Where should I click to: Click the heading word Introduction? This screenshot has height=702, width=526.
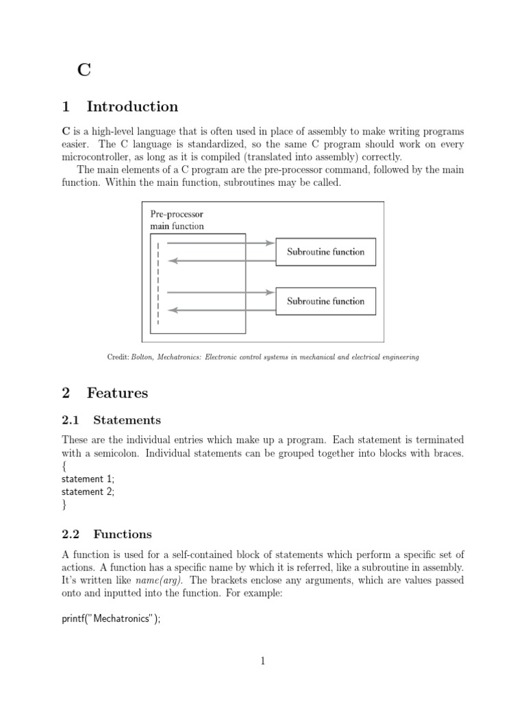pos(132,107)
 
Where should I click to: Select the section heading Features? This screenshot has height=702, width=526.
pos(117,393)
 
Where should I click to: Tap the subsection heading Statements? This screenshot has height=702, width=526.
pos(127,420)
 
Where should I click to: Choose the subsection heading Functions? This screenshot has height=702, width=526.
pos(123,534)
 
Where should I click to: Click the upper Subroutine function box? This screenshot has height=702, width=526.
pos(325,252)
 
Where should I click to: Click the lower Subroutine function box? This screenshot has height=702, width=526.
pos(325,301)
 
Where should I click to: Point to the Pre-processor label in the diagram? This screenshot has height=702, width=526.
pos(177,214)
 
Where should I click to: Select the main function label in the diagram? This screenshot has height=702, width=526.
pos(177,226)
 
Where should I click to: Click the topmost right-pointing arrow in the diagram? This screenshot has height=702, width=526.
pos(219,243)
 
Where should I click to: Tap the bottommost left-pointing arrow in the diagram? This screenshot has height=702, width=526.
pos(219,310)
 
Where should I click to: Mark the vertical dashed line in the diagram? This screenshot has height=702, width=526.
pos(158,282)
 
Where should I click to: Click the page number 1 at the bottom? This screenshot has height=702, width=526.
pos(263,661)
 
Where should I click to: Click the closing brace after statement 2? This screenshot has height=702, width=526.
pos(64,505)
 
